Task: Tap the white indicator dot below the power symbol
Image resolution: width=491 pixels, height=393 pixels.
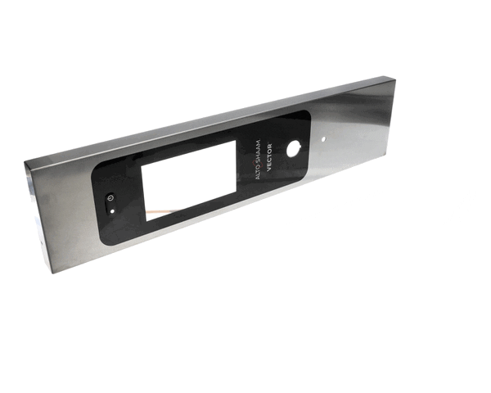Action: (x=113, y=210)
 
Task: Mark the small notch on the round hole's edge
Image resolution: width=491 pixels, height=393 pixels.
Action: (x=297, y=142)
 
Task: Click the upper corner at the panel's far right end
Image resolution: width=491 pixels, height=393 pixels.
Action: (x=396, y=79)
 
